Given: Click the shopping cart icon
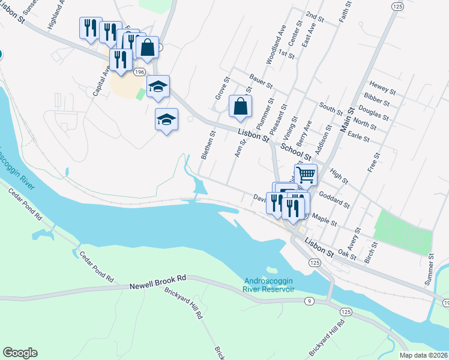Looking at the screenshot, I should pos(306,175).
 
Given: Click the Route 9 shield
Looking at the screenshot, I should pos(307,301).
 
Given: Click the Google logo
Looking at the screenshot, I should pos(20,353).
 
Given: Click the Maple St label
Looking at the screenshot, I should pos(325,219).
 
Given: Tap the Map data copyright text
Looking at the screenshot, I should pos(424,355).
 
